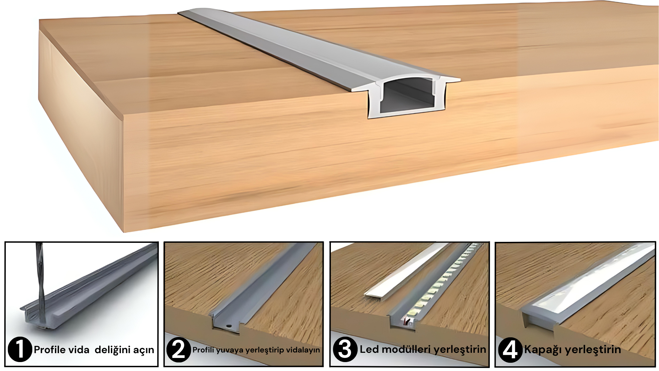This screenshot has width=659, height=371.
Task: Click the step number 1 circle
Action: point(20,349)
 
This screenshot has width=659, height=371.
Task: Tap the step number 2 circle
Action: point(178,350)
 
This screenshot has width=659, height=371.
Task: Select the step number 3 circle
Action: point(345,349)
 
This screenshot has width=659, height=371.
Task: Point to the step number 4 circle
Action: point(510,350)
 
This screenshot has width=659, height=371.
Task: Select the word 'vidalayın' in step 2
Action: point(303,350)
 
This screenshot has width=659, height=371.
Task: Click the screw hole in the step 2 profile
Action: point(228,325)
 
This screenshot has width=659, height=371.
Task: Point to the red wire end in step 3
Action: point(407,322)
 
